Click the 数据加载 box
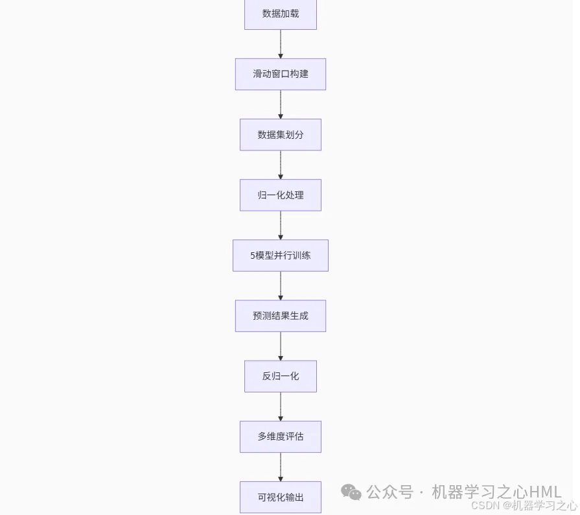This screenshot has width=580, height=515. [281, 14]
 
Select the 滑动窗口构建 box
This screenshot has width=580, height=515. [281, 74]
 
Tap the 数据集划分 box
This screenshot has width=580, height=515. [281, 134]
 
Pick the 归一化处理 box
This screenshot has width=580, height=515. [281, 195]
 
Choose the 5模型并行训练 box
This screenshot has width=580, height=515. [281, 255]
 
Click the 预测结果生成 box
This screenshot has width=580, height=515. [281, 316]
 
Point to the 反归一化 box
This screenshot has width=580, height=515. [281, 376]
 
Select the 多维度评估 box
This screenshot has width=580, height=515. [281, 437]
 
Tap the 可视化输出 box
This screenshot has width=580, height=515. [281, 497]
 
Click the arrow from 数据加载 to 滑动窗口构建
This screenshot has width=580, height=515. [281, 44]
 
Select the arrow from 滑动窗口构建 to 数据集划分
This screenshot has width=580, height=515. [281, 104]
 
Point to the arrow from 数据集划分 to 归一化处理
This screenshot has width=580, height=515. [281, 165]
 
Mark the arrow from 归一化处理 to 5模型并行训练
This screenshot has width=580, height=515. [281, 225]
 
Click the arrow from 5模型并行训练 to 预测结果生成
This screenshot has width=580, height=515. [281, 285]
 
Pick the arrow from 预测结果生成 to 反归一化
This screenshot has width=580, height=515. [281, 346]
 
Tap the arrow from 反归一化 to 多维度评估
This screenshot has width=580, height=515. [281, 407]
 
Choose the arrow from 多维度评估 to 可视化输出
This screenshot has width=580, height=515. [281, 467]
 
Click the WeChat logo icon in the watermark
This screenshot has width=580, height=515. [351, 492]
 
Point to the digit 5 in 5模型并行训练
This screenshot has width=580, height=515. [253, 256]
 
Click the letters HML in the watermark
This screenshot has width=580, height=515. [546, 492]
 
